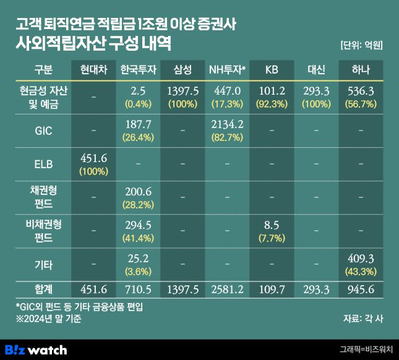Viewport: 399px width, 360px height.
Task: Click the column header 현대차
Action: pyautogui.click(x=92, y=69)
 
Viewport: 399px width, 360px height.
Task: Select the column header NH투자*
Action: pyautogui.click(x=227, y=69)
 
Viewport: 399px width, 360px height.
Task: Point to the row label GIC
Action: pyautogui.click(x=43, y=131)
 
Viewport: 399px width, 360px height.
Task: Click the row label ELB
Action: pyautogui.click(x=43, y=164)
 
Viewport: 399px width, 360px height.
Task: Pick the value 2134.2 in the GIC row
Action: pyautogui.click(x=227, y=125)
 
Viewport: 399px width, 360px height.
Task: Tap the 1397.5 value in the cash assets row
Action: pyautogui.click(x=182, y=92)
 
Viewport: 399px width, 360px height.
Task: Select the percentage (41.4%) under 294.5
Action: pyautogui.click(x=137, y=237)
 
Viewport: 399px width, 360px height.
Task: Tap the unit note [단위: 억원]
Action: pyautogui.click(x=362, y=45)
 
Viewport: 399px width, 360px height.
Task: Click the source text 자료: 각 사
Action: pyautogui.click(x=363, y=319)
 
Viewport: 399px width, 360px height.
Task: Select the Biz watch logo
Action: pyautogui.click(x=36, y=349)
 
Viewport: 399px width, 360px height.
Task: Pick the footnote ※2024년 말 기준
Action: pyautogui.click(x=46, y=319)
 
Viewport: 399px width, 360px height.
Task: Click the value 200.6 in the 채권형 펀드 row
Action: pyautogui.click(x=137, y=192)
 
